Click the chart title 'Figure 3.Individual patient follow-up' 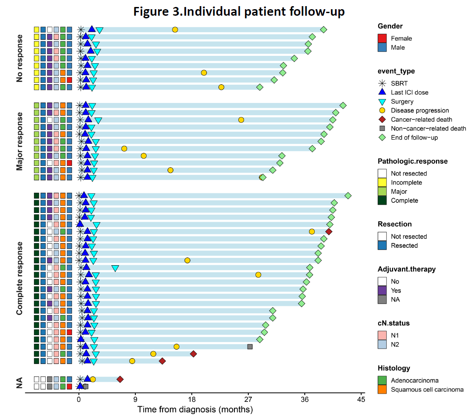pos(239,12)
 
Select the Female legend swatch pos(382,38)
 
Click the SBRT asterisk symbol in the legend pos(382,83)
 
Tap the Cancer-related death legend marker pos(382,120)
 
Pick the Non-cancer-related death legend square pos(382,128)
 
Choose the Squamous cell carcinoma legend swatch pos(382,390)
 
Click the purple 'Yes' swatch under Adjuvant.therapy pos(382,290)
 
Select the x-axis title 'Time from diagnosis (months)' pos(195,410)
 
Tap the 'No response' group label pos(20,58)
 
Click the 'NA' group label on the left pos(20,383)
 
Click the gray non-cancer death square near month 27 pos(250,346)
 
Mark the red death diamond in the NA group pos(120,379)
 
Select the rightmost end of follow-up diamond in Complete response pos(348,195)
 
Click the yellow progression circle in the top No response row pos(175,30)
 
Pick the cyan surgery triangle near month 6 pos(115,268)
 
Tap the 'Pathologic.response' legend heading pos(413,161)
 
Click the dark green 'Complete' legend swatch pos(382,201)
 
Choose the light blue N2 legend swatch pos(382,344)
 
